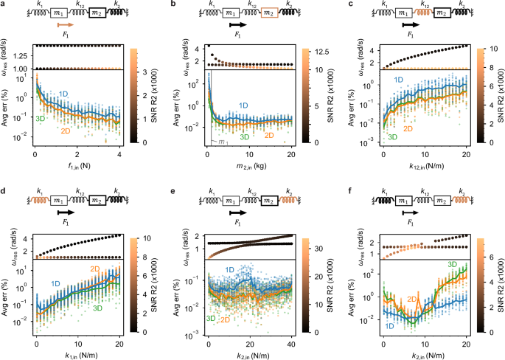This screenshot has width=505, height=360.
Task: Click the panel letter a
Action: [x=4, y=6]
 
